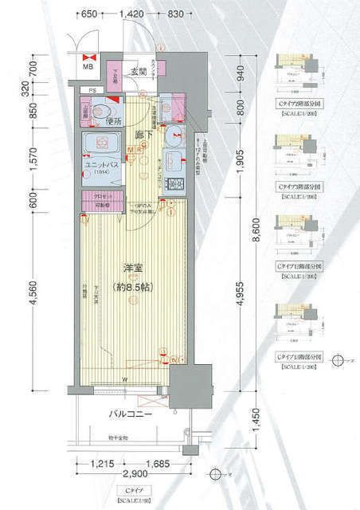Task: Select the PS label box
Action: tap(92, 90)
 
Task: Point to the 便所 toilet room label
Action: tap(114, 123)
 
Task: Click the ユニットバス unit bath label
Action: tap(102, 164)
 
